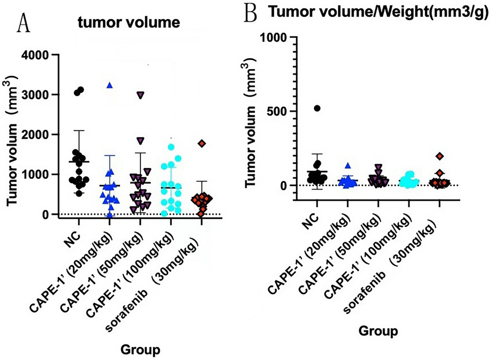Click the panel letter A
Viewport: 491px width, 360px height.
(x=24, y=23)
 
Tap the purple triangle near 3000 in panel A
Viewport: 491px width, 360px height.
(x=141, y=95)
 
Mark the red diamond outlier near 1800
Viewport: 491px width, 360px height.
(x=202, y=143)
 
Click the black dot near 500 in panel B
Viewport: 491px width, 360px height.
(x=317, y=108)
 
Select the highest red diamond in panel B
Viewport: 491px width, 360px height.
(x=439, y=156)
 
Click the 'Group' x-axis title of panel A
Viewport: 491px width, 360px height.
(x=142, y=349)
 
